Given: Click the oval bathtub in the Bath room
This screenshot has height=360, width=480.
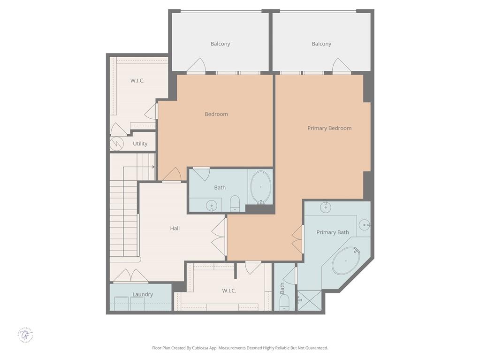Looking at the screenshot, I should pyautogui.click(x=260, y=187).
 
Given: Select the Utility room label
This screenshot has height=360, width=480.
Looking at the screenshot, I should pyautogui.click(x=140, y=144).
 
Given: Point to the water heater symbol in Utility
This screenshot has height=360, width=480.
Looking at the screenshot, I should pyautogui.click(x=116, y=144).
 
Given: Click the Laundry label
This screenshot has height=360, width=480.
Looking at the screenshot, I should pyautogui.click(x=142, y=294).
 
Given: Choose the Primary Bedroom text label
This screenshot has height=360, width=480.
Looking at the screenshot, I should pyautogui.click(x=329, y=128).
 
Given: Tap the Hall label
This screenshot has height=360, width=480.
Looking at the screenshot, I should pyautogui.click(x=175, y=228).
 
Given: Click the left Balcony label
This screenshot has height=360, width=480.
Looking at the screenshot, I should pyautogui.click(x=220, y=44).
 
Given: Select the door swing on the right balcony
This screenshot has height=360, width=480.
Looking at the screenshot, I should pyautogui.click(x=341, y=66).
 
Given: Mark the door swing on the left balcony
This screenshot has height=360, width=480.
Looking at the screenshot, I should pyautogui.click(x=196, y=66).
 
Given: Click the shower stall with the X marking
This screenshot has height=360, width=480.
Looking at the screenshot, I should pyautogui.click(x=310, y=300).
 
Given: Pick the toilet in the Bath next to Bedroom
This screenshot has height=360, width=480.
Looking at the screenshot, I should pyautogui.click(x=235, y=203).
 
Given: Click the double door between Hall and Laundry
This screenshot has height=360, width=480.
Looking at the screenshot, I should pyautogui.click(x=131, y=276).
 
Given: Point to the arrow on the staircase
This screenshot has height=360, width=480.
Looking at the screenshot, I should pyautogui.click(x=152, y=167).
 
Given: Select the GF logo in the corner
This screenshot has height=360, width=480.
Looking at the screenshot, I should pyautogui.click(x=26, y=335).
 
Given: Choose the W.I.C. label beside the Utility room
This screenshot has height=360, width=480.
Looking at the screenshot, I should pyautogui.click(x=137, y=80).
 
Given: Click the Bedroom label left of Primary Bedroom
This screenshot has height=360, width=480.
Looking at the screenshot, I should pyautogui.click(x=216, y=114).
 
